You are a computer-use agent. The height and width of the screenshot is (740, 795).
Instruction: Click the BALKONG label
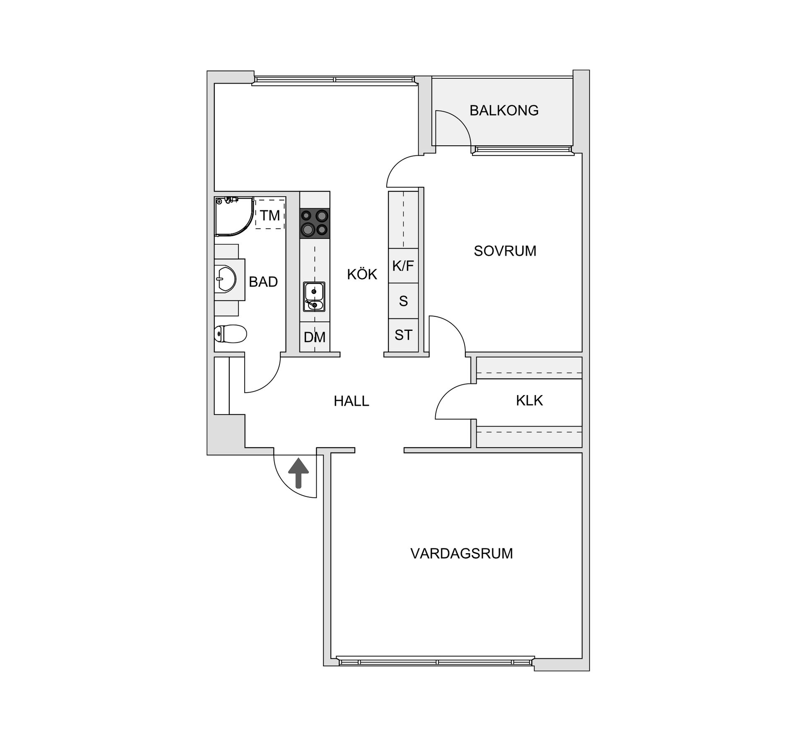click(504, 111)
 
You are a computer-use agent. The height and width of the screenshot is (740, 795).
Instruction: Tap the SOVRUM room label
click(505, 251)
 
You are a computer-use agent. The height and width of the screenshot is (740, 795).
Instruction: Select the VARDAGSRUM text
click(461, 554)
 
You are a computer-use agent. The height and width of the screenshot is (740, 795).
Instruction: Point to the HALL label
click(351, 401)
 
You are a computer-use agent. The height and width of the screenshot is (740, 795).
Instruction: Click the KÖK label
click(362, 274)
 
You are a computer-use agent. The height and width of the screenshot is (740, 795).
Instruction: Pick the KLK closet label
click(529, 400)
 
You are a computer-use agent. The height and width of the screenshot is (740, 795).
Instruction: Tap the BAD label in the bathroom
click(263, 282)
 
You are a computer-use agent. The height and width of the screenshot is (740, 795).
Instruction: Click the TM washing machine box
click(270, 214)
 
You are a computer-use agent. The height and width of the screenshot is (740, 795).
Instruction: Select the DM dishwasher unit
click(315, 337)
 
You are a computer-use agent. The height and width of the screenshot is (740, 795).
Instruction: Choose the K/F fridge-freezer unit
click(403, 266)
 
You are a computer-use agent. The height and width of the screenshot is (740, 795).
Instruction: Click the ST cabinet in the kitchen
click(403, 335)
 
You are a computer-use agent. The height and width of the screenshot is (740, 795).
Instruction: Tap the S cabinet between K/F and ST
click(403, 301)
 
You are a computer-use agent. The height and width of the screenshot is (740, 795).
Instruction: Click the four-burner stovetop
click(315, 223)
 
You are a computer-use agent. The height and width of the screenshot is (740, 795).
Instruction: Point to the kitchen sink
click(314, 296)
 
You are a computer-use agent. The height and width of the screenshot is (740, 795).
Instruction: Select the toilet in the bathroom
click(230, 334)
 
